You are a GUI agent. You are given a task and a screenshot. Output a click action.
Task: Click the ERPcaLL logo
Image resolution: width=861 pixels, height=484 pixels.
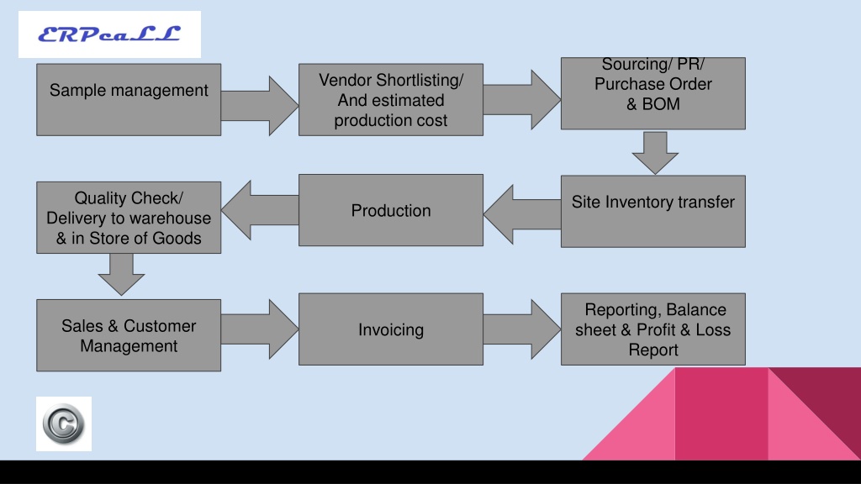pyautogui.click(x=109, y=34)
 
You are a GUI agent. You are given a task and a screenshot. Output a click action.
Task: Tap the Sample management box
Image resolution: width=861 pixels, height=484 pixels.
pyautogui.click(x=129, y=99)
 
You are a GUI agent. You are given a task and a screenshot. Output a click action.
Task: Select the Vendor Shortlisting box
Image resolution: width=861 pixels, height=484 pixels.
pyautogui.click(x=391, y=99)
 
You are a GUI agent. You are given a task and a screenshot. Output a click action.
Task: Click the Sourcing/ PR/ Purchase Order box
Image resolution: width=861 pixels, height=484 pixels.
pyautogui.click(x=652, y=93)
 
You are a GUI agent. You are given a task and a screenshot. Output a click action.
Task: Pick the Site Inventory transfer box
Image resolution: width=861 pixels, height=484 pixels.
pyautogui.click(x=652, y=211)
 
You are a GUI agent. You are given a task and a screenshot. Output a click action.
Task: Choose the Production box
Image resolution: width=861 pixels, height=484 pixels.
pyautogui.click(x=391, y=210)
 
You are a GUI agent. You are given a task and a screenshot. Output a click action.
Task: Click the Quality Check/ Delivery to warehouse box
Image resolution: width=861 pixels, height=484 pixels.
pyautogui.click(x=129, y=218)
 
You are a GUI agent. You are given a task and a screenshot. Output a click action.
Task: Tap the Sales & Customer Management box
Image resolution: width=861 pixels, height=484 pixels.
pyautogui.click(x=129, y=335)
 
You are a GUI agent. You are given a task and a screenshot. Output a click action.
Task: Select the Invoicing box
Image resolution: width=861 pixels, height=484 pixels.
pyautogui.click(x=391, y=329)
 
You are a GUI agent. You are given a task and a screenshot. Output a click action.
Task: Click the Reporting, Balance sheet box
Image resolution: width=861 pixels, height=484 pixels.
pyautogui.click(x=652, y=329)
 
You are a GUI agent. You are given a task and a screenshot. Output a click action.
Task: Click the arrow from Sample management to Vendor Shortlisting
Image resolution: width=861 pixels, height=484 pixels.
pyautogui.click(x=260, y=105)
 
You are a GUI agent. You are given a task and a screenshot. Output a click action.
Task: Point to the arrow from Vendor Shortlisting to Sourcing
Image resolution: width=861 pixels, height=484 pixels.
pyautogui.click(x=521, y=100)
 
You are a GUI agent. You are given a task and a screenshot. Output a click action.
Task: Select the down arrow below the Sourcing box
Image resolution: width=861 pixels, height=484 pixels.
pyautogui.click(x=655, y=153)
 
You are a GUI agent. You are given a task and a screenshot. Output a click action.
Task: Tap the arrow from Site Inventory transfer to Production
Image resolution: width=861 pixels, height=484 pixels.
pyautogui.click(x=521, y=214)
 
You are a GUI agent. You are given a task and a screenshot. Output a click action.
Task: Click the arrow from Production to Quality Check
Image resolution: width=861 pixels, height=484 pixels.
pyautogui.click(x=260, y=210)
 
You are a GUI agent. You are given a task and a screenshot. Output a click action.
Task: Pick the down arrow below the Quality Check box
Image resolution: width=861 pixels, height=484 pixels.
pyautogui.click(x=121, y=275)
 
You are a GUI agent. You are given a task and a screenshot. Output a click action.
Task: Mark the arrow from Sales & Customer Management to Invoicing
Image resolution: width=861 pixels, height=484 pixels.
pyautogui.click(x=260, y=329)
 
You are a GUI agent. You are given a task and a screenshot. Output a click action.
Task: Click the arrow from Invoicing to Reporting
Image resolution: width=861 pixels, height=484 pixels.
pyautogui.click(x=521, y=329)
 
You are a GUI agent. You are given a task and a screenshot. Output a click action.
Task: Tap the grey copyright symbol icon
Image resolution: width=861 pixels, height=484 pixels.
pyautogui.click(x=64, y=423)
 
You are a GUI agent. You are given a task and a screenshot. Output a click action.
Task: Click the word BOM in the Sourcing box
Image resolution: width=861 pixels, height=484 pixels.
pyautogui.click(x=661, y=103)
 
